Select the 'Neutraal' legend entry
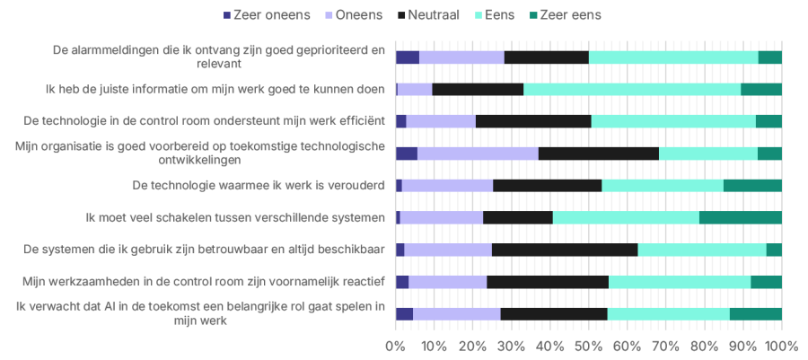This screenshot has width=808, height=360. coord(440,14)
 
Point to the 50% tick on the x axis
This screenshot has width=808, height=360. coord(589,346)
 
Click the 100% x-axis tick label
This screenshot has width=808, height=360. coord(780,346)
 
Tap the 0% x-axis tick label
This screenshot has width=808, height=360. coord(396,346)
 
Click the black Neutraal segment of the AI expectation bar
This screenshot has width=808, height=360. coord(553,314)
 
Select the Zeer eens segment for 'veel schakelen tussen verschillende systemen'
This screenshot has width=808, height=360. coord(740,217)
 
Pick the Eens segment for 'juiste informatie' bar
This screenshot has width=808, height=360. coord(631,89)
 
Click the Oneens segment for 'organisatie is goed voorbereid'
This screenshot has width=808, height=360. coord(478,154)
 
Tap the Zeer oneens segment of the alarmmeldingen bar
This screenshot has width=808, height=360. coord(408,57)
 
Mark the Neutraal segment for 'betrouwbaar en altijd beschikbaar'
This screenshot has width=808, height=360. coord(564,250)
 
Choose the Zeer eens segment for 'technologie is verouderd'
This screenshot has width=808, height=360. coord(752,186)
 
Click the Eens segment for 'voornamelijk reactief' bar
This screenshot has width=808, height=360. coord(679,282)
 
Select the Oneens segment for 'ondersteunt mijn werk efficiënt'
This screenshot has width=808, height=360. coord(441,121)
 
